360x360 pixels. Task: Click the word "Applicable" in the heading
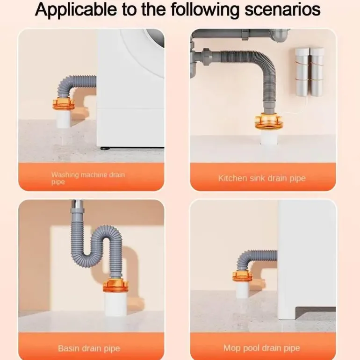76,10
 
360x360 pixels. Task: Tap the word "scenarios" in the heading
282,10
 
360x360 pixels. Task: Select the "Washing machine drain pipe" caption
88,178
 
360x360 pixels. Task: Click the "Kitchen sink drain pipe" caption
262,179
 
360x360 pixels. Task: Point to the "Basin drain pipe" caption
89,348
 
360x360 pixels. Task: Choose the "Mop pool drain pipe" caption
262,348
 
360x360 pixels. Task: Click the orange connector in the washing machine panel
63,103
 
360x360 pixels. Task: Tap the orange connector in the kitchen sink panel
269,122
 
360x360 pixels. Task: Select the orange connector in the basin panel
115,286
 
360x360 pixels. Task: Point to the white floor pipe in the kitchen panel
269,137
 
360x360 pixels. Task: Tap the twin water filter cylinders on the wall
310,72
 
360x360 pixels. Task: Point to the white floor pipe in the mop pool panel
242,289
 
